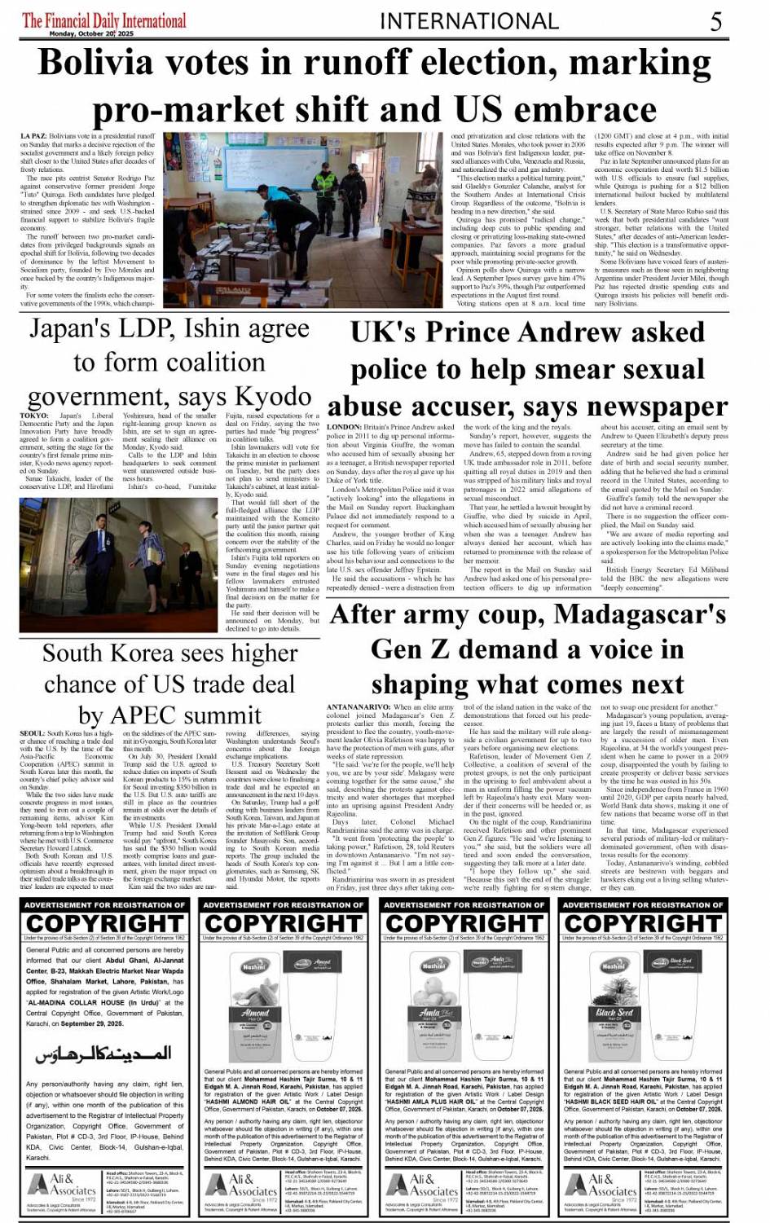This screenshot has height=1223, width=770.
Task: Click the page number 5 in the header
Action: [x=715, y=21]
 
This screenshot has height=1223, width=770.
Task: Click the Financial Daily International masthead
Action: [x=103, y=20]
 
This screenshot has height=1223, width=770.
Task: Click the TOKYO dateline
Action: [x=35, y=416]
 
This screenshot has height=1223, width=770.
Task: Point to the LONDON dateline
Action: [x=344, y=427]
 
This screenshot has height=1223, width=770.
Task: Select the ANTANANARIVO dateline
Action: [x=356, y=707]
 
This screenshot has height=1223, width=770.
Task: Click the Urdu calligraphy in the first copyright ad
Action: [x=103, y=1054]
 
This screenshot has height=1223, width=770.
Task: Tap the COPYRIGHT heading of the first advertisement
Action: [x=104, y=924]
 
